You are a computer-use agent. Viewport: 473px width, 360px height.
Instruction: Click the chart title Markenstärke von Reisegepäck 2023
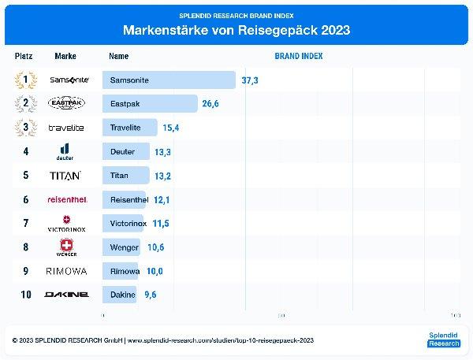point(236,31)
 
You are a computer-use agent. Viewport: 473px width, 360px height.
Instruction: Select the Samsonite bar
point(169,80)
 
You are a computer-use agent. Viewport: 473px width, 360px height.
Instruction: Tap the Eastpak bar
point(150,104)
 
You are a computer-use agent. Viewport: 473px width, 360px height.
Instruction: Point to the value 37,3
point(250,80)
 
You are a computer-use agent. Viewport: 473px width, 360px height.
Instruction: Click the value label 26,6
point(211,104)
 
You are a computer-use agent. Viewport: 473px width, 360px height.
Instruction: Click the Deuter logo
point(66,151)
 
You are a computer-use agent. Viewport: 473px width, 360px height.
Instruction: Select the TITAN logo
point(65,176)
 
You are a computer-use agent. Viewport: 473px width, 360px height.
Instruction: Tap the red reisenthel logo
point(67,199)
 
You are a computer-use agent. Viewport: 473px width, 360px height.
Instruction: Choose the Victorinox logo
point(66,224)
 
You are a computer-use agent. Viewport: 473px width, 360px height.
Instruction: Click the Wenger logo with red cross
point(66,247)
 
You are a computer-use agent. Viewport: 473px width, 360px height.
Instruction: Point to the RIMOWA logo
point(66,271)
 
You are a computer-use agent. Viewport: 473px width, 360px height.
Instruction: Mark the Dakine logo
point(66,295)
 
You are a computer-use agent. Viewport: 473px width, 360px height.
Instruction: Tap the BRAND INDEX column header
point(298,57)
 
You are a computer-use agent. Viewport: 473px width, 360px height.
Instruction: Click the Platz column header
point(24,57)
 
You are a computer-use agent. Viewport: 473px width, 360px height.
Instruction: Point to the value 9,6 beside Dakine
point(148,295)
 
